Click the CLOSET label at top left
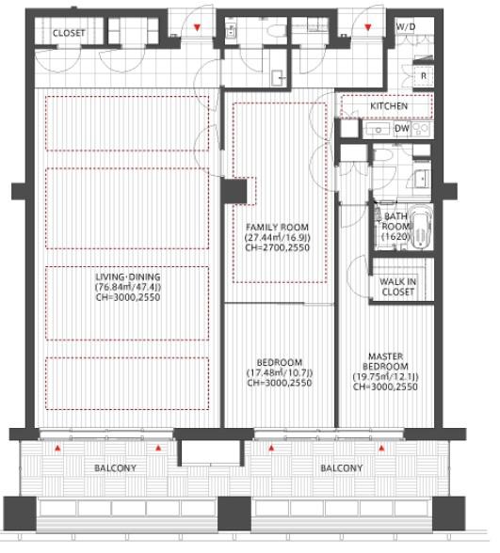click(69, 33)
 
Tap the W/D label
click(406, 26)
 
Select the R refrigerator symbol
click(424, 76)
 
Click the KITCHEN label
click(388, 105)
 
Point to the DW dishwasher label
click(402, 128)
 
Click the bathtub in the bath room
click(422, 226)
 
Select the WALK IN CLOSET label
click(398, 287)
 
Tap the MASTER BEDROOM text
click(386, 361)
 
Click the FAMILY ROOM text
click(277, 228)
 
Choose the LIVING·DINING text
click(128, 276)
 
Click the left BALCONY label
click(115, 468)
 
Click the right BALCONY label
click(342, 468)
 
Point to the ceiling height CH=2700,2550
click(277, 247)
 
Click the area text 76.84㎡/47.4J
click(128, 287)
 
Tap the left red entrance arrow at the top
click(197, 27)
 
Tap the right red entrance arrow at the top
click(368, 27)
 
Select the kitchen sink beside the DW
click(378, 129)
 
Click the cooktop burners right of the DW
click(421, 128)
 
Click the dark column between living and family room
click(234, 191)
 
